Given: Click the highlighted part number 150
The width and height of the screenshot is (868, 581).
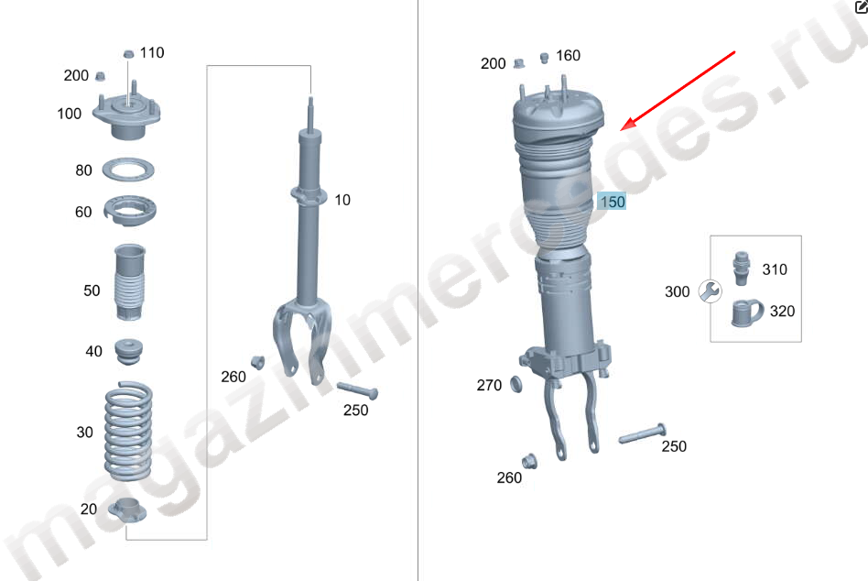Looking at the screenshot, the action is [x=612, y=202].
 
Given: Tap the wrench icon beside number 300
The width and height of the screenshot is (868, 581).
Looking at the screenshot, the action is [x=710, y=291].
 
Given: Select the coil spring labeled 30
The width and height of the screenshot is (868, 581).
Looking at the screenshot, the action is [x=128, y=431].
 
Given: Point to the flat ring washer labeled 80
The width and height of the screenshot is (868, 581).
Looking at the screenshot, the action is [x=128, y=170].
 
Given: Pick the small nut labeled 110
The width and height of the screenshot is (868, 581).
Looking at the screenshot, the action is [x=128, y=54].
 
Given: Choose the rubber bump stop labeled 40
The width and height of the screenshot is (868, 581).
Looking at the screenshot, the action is [x=129, y=352].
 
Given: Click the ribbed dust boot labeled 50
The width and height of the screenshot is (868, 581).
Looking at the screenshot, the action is [x=129, y=282].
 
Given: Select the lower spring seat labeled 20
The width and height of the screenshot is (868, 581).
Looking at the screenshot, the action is [x=128, y=510].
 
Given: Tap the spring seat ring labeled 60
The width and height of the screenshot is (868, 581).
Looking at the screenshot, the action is [x=130, y=211].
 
